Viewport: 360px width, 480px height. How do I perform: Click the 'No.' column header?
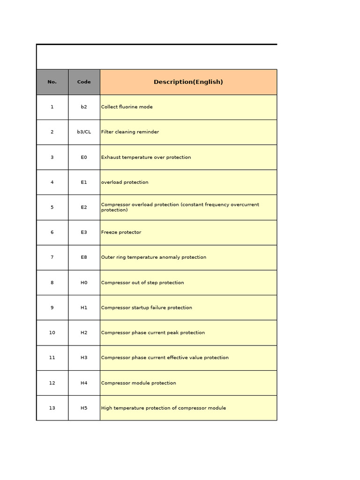(x=52, y=82)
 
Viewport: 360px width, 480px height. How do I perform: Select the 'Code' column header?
(x=84, y=82)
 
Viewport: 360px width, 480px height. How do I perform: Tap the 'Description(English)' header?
(x=188, y=82)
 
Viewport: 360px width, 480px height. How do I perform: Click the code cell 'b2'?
(x=84, y=107)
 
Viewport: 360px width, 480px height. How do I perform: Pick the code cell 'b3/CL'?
(x=84, y=132)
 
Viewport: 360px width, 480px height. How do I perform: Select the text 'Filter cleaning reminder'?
(x=130, y=132)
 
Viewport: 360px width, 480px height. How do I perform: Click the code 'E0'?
(x=84, y=157)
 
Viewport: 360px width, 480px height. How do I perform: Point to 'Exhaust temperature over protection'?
(x=146, y=157)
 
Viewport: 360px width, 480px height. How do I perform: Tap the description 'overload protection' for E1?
(x=125, y=182)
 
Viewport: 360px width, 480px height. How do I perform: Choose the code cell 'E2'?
(x=84, y=207)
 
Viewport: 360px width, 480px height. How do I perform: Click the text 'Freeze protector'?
(x=121, y=232)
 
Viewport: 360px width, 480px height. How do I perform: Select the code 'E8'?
(x=84, y=257)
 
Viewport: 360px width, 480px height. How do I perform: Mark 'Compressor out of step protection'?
(x=142, y=283)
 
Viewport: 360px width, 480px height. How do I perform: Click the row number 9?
(x=52, y=307)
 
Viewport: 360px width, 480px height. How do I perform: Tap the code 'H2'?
(x=84, y=333)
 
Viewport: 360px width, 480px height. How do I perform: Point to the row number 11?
(x=52, y=358)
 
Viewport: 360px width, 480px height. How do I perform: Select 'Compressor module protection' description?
(x=138, y=383)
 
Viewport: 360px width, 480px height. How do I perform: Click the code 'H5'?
(x=84, y=408)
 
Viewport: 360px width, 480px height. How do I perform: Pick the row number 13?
(x=52, y=408)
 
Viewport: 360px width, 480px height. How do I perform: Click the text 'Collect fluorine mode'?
(x=127, y=107)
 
